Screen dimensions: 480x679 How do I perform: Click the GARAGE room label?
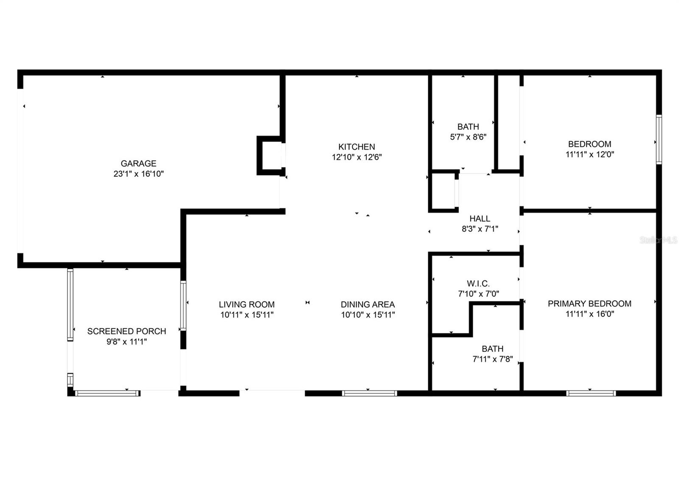(x=138, y=163)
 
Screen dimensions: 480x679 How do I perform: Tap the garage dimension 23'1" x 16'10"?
(x=138, y=174)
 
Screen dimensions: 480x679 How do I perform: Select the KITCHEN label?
(x=356, y=147)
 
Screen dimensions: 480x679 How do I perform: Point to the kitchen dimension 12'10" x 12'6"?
(x=356, y=157)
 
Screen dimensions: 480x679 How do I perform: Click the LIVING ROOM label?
(x=247, y=304)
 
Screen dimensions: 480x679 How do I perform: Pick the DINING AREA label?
(x=368, y=304)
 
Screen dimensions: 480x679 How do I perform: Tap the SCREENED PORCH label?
(x=126, y=331)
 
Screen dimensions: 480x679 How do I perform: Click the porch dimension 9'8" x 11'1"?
(x=126, y=342)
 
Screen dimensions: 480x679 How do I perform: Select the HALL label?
(x=480, y=218)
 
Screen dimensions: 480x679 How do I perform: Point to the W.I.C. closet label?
(x=478, y=283)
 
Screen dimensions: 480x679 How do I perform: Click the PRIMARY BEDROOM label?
(x=589, y=304)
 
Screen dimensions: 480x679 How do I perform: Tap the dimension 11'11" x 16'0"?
(x=589, y=314)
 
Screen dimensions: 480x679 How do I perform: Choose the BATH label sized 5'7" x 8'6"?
(x=468, y=126)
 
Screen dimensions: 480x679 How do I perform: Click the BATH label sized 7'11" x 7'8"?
(x=492, y=349)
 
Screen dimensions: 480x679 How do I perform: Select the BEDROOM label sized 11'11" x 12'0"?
(x=589, y=144)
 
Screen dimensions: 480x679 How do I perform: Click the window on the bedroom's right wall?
(x=659, y=140)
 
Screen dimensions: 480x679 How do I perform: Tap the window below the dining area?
(x=369, y=393)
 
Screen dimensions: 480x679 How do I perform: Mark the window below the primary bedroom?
(x=591, y=393)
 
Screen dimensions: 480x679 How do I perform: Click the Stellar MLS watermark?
(x=658, y=240)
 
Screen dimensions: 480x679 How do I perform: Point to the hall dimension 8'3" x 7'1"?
(x=480, y=229)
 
